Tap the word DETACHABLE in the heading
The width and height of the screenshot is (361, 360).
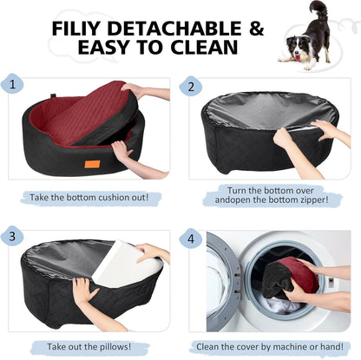click(x=174, y=29)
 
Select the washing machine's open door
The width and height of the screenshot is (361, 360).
click(x=221, y=282)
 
